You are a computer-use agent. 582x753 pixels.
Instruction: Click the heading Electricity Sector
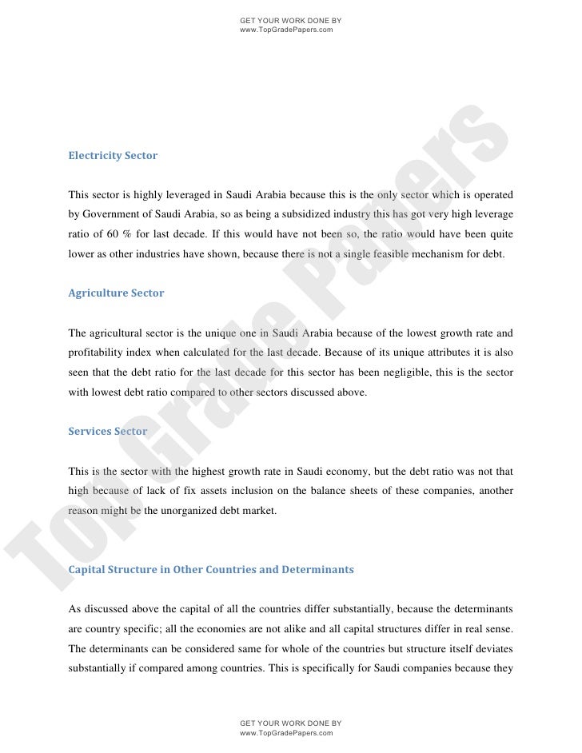pos(113,156)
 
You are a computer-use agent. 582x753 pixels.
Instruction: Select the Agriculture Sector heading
pos(116,293)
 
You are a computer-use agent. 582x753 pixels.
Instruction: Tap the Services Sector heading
pos(108,431)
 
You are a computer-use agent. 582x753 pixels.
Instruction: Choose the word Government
pos(113,216)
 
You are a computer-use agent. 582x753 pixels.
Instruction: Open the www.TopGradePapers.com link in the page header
pos(286,29)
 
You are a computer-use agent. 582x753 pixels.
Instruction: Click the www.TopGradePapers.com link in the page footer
pos(286,732)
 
